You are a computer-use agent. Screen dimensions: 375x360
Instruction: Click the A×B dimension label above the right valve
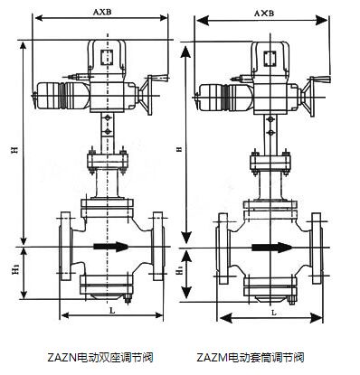263,14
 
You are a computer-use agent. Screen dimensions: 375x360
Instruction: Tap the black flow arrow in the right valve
270,245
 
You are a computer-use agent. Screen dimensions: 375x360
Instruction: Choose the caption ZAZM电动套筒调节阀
261,357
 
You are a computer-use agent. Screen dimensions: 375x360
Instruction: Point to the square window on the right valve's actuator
270,61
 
